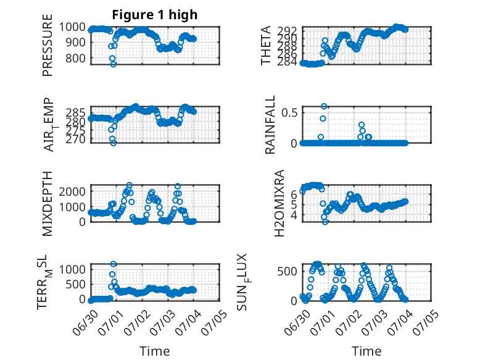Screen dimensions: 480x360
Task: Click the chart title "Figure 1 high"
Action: tap(155, 15)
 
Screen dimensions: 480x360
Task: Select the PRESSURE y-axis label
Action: tap(48, 45)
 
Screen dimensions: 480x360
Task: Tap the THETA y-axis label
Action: tap(266, 45)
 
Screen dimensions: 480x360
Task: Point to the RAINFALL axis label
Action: tap(270, 125)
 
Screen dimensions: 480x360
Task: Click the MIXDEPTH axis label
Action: tap(48, 204)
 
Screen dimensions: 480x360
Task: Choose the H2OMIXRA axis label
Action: tap(279, 203)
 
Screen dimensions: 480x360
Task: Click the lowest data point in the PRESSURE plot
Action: tap(114, 64)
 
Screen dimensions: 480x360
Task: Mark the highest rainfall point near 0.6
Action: tap(324, 106)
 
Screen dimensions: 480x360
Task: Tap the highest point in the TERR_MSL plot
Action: tap(114, 264)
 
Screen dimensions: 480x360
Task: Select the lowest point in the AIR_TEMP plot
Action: tap(114, 143)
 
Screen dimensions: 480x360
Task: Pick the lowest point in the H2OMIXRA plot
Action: tap(325, 222)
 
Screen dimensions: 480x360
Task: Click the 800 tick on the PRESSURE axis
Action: tap(75, 58)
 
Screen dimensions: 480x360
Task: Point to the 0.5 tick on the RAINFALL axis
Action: tap(289, 112)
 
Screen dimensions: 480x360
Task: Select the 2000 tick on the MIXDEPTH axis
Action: tap(72, 192)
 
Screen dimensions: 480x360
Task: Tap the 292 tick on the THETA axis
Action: tap(288, 31)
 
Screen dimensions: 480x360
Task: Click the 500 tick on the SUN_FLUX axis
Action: tap(288, 271)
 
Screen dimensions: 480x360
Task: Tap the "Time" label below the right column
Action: tap(366, 351)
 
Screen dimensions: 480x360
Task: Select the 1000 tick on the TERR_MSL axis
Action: tap(72, 270)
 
